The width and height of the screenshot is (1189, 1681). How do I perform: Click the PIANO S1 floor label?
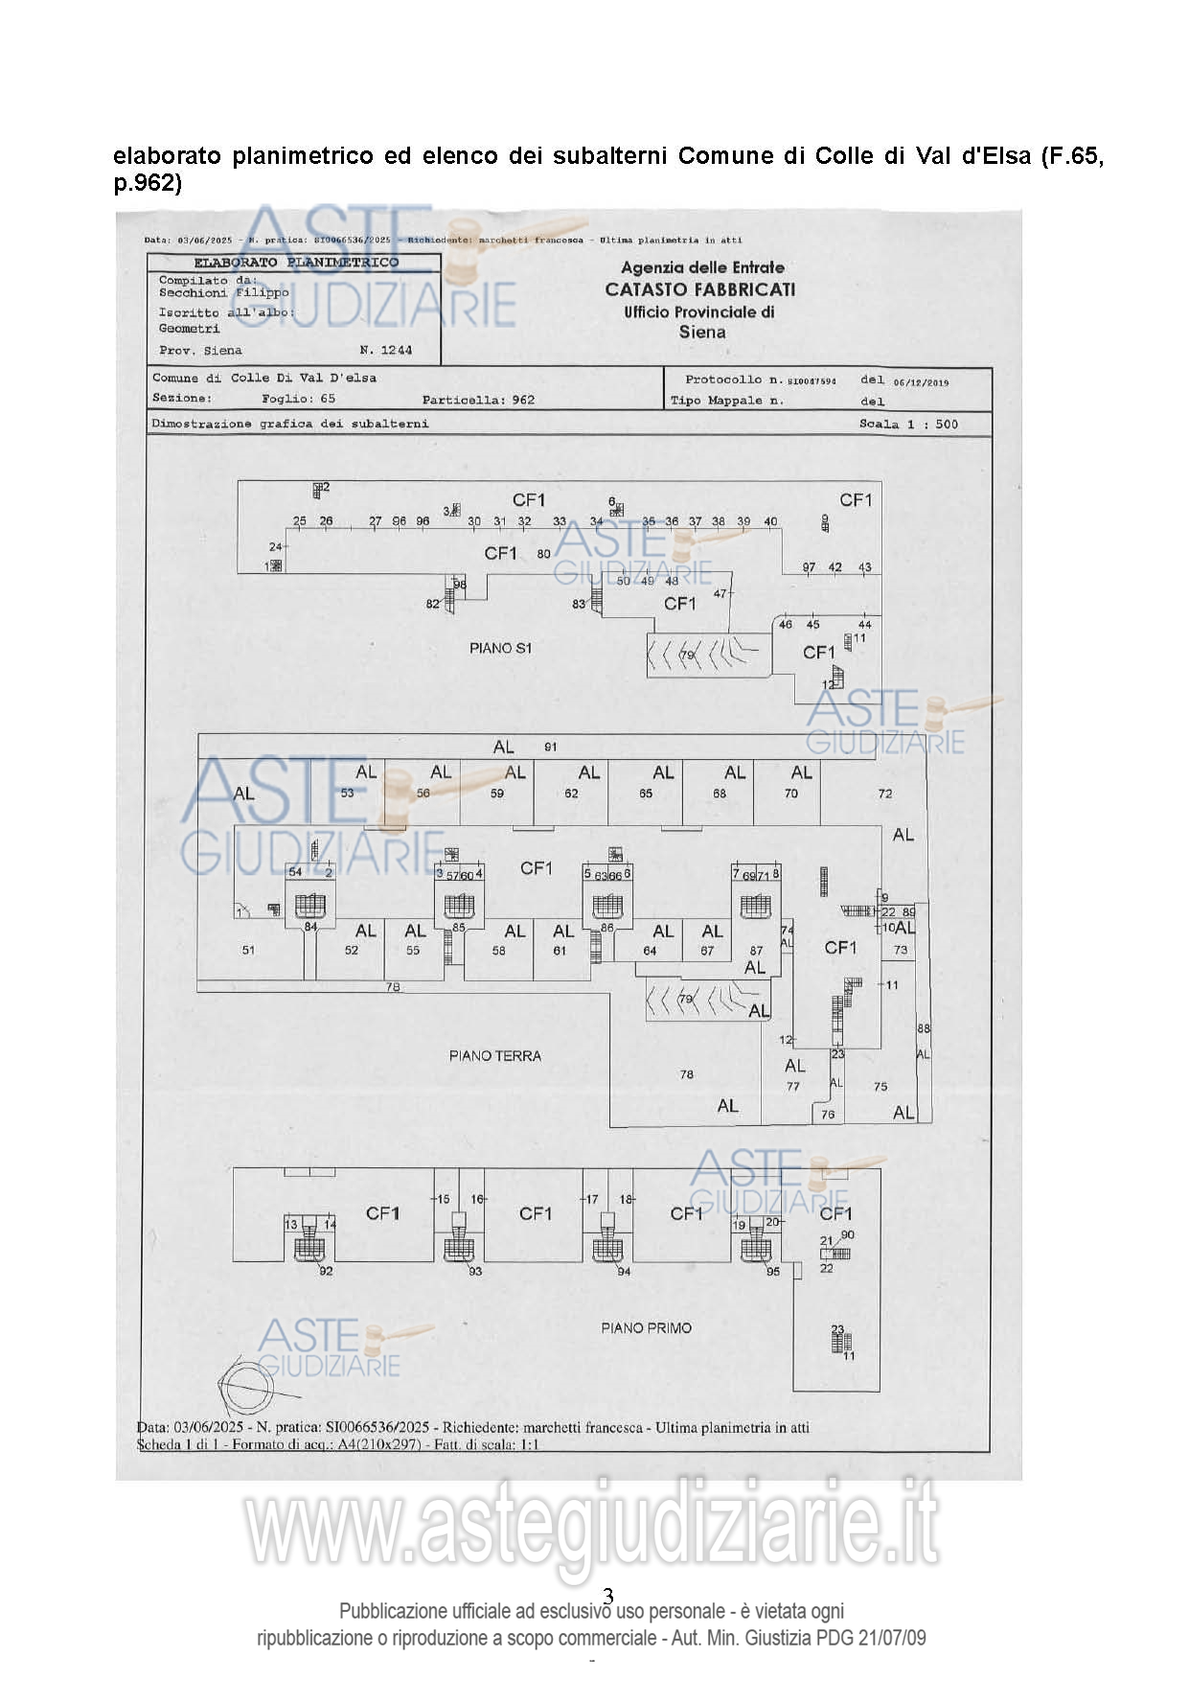tap(500, 648)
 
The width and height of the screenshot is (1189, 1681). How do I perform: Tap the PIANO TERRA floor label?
tap(494, 1055)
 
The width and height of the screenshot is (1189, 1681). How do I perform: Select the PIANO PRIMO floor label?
tap(646, 1327)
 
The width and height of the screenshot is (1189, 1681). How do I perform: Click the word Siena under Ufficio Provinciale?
tap(702, 333)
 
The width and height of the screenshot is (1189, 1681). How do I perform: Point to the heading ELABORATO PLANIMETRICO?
tap(296, 263)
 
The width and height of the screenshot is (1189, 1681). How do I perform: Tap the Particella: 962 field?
tap(478, 400)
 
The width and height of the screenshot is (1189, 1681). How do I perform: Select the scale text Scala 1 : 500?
tap(907, 424)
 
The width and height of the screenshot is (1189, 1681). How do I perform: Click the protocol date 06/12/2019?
tap(921, 382)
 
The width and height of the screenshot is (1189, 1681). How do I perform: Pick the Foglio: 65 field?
tap(298, 399)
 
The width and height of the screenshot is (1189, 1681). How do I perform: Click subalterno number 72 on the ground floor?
tap(884, 794)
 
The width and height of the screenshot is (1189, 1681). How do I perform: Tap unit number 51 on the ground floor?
tap(248, 950)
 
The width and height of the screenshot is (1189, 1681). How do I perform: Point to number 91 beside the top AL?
tap(550, 747)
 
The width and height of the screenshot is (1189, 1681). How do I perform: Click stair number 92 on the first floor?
tap(326, 1271)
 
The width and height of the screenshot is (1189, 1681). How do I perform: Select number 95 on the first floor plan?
tap(772, 1272)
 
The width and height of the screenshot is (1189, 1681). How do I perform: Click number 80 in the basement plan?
tap(543, 554)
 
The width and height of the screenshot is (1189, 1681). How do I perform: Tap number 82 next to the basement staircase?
tap(433, 603)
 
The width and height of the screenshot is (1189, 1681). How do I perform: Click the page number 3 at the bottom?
tap(608, 1596)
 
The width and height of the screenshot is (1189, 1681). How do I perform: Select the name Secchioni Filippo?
tap(223, 293)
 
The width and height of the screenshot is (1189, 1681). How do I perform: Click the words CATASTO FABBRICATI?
tap(699, 289)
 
